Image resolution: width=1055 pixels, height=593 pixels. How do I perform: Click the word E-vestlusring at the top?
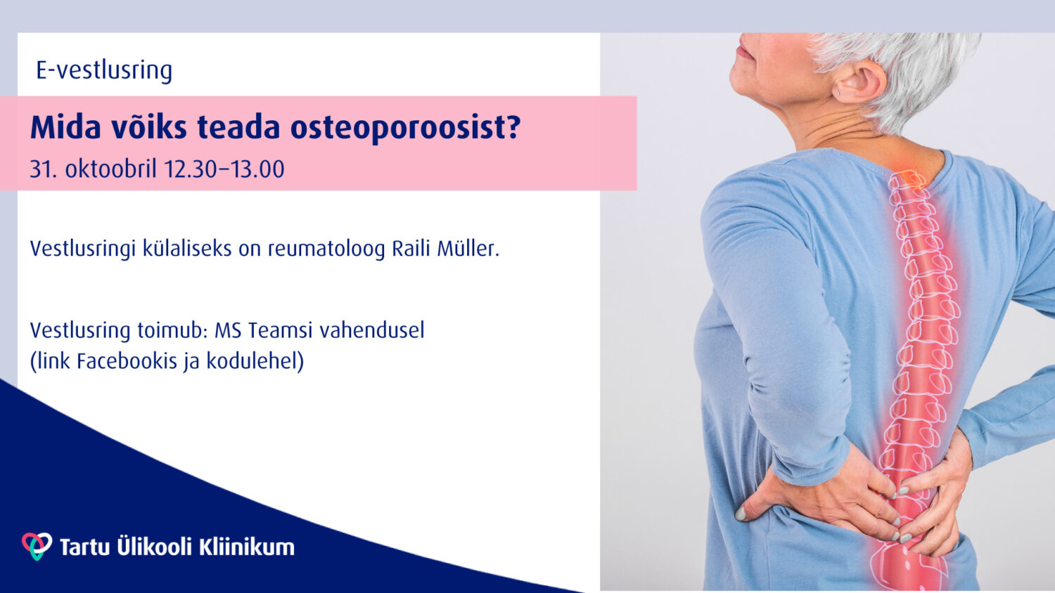coord(104,71)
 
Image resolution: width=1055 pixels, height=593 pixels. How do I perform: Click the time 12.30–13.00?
coord(224,169)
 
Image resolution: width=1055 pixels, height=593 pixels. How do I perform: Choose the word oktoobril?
coord(110,169)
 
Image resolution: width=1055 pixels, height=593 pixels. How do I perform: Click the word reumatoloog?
coord(326,249)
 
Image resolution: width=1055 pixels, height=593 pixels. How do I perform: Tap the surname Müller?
coord(468,248)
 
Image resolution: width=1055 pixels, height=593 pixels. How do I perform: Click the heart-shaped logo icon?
coord(37,546)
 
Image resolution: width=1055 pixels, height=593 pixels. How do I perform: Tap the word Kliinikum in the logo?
coord(247,547)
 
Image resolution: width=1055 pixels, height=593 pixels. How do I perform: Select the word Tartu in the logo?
coord(85,547)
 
